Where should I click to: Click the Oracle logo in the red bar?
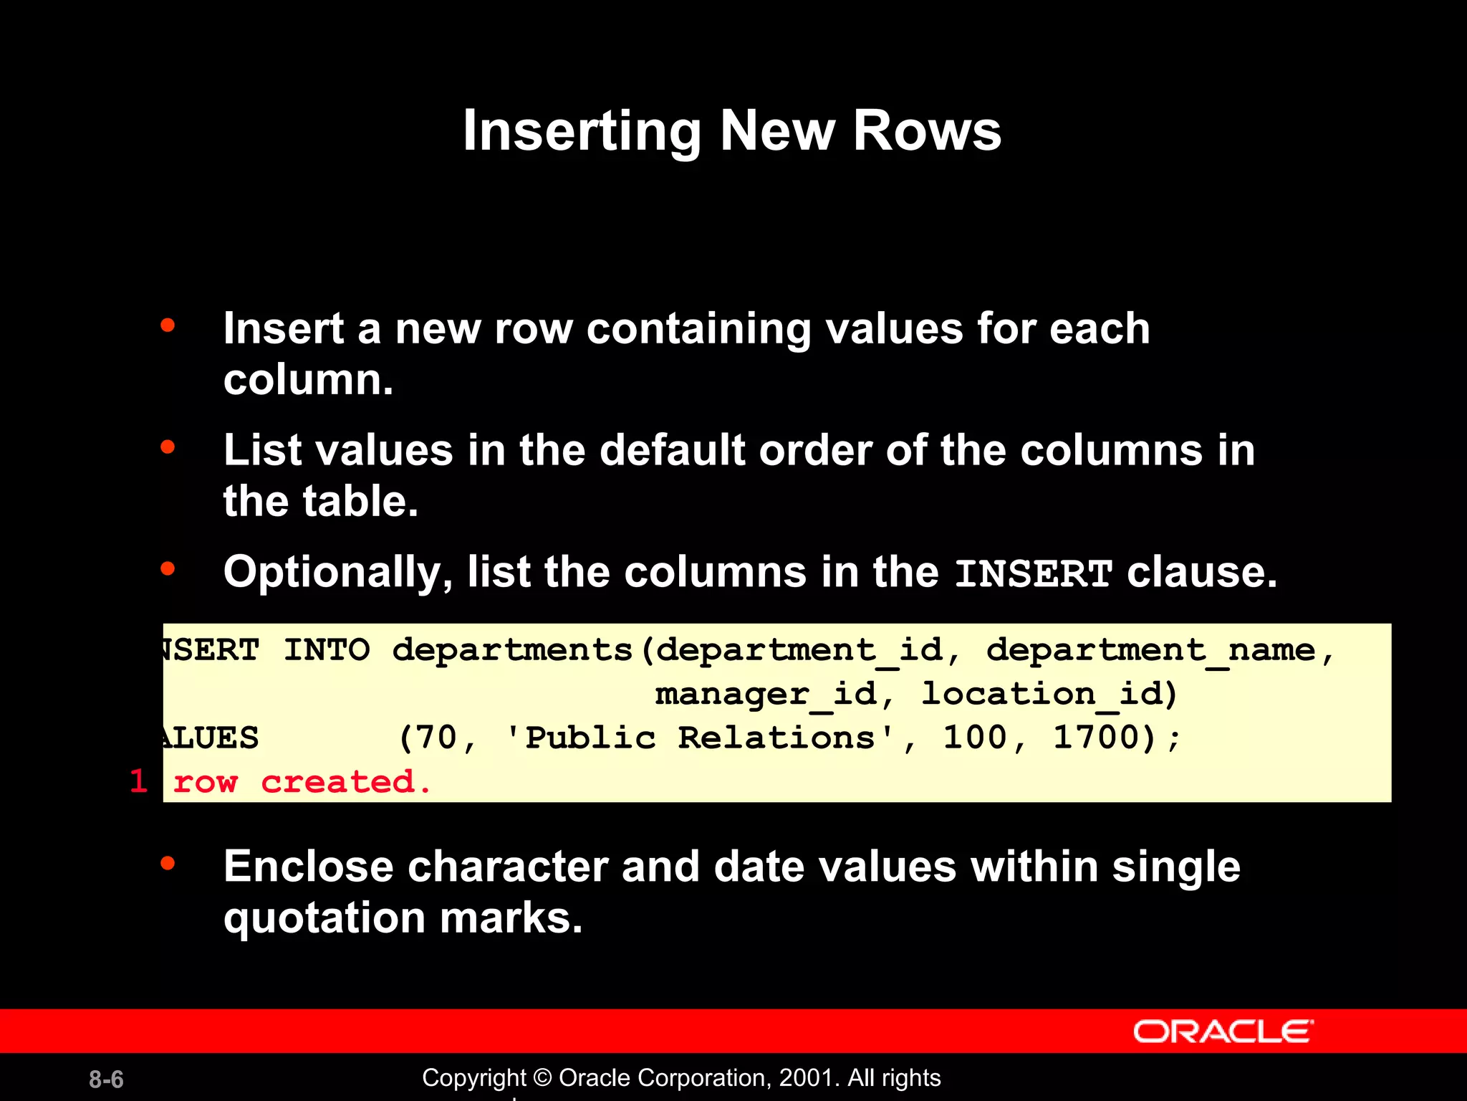1223,1032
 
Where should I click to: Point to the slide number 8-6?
106,1079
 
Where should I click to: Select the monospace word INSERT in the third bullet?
1034,574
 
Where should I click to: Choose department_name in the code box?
1150,651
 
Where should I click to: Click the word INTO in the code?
327,651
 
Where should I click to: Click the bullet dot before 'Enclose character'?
168,863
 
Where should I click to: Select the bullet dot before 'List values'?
168,447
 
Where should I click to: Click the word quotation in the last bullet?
324,918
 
